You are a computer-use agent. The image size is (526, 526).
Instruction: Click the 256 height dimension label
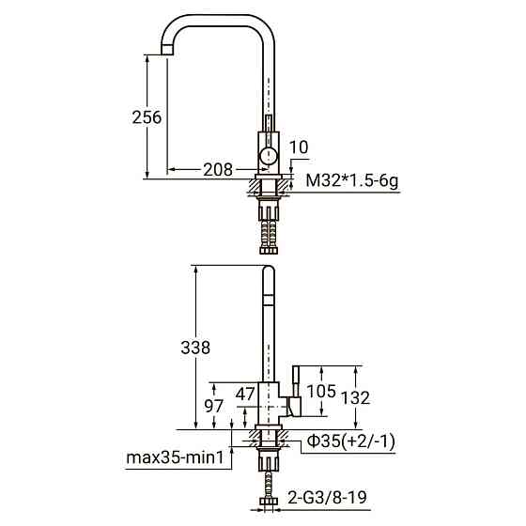point(147,117)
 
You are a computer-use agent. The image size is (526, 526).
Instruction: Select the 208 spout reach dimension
point(218,170)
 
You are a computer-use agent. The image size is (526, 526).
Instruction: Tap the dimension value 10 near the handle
point(299,147)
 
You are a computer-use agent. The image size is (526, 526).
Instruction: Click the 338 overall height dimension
point(193,347)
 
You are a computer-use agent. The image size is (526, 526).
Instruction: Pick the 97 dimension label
point(214,407)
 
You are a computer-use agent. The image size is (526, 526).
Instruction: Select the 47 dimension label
point(245,394)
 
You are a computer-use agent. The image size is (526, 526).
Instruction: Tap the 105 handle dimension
point(322,391)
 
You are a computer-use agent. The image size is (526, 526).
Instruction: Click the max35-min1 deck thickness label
point(177,459)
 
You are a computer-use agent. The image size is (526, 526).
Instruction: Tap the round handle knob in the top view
point(269,154)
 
